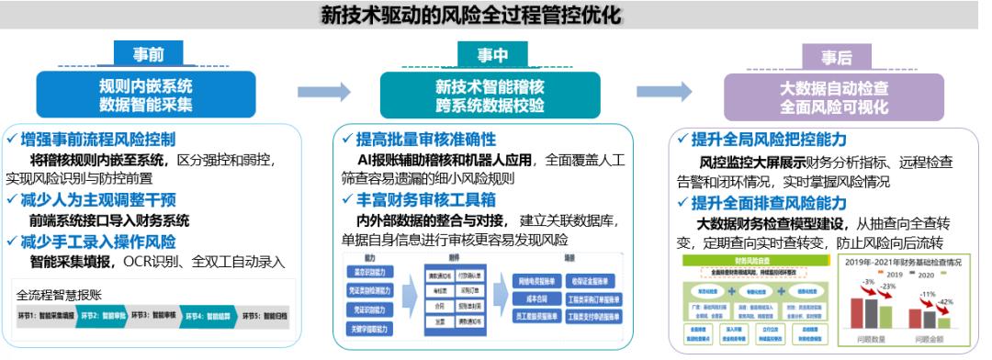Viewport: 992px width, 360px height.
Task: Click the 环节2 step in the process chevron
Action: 101,315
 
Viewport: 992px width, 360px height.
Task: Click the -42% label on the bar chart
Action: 946,301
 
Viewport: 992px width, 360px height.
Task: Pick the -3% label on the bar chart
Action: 867,281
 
